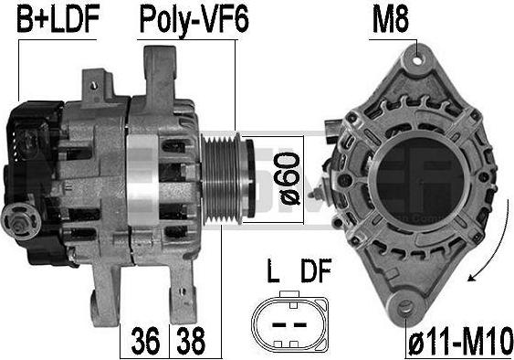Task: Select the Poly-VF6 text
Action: tap(194, 21)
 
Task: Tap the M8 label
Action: tap(391, 20)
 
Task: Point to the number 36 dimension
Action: tap(145, 341)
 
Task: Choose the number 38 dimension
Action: tap(191, 341)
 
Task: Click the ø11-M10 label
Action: tap(460, 342)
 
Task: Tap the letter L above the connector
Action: tap(273, 270)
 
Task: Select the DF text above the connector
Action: tap(316, 270)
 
